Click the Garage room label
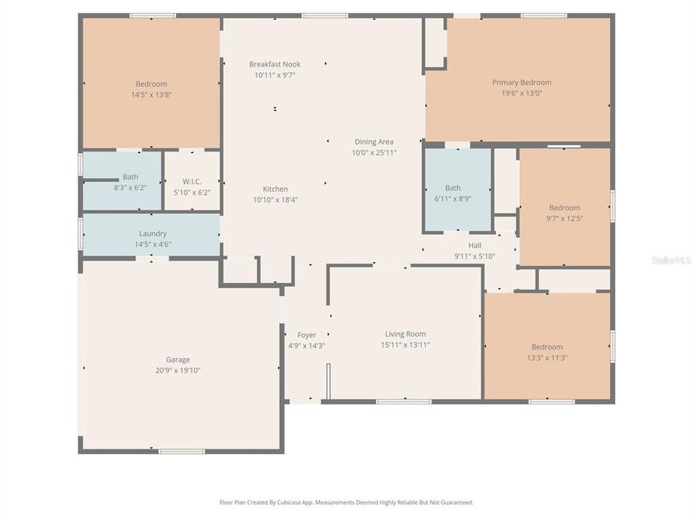pos(178,360)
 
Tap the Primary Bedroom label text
pos(521,82)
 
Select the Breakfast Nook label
pos(274,64)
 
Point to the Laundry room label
pos(152,233)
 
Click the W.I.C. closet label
pos(191,181)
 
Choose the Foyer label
pos(307,335)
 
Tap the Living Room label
pos(405,334)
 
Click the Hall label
pos(474,246)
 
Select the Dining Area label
pos(374,142)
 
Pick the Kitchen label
pos(275,189)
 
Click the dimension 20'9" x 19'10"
pos(178,370)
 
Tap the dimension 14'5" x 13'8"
pos(151,95)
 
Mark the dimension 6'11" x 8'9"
pos(453,199)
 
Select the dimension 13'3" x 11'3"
pos(546,357)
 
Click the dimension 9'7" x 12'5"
pos(564,218)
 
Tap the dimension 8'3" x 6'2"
pos(130,188)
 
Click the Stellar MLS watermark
pos(671,259)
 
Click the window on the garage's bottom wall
pos(182,452)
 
